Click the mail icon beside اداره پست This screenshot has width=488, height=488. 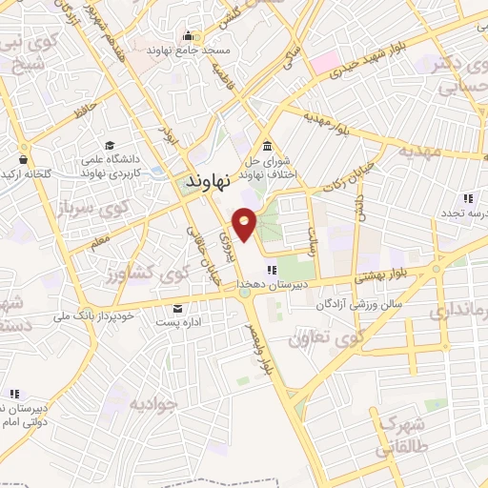click(x=178, y=308)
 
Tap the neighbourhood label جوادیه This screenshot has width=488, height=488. click(x=152, y=406)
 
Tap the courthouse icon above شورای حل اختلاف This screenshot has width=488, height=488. click(x=267, y=146)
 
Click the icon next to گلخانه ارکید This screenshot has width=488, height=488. click(x=22, y=159)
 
